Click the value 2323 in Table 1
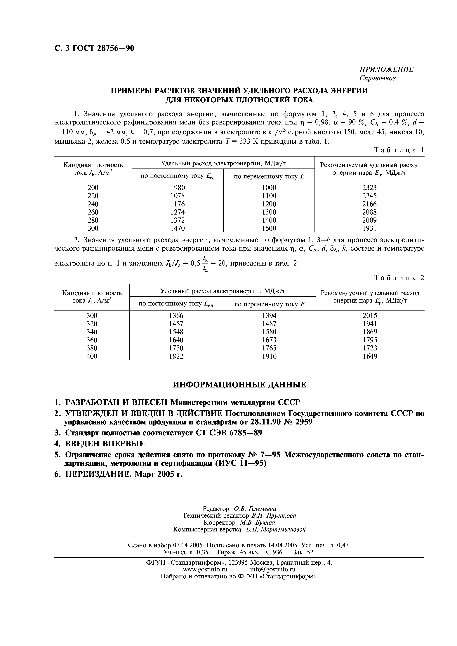[369, 188]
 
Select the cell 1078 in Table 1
[178, 196]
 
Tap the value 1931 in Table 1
[369, 228]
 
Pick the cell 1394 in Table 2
[269, 316]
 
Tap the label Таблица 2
[398, 278]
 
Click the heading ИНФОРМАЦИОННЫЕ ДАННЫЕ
[239, 385]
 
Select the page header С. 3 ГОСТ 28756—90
[94, 49]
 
